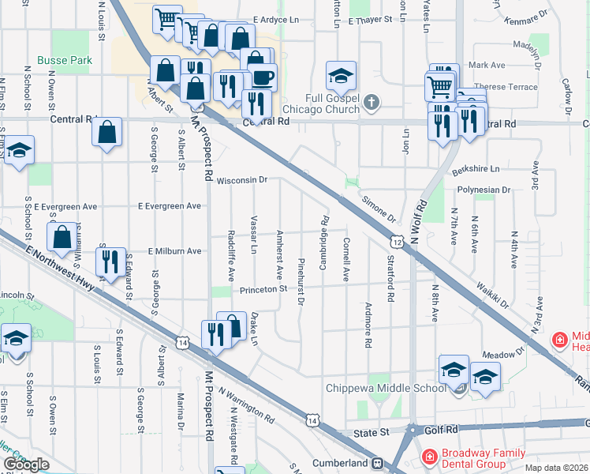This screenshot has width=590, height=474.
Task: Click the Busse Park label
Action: coord(64,60)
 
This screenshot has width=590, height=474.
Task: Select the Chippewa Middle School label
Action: coord(386,388)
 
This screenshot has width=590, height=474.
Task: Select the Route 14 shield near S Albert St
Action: coord(183,343)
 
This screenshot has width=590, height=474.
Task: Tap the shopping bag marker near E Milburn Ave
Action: coord(62,235)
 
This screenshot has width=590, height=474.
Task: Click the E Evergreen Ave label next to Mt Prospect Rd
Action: coord(169,206)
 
